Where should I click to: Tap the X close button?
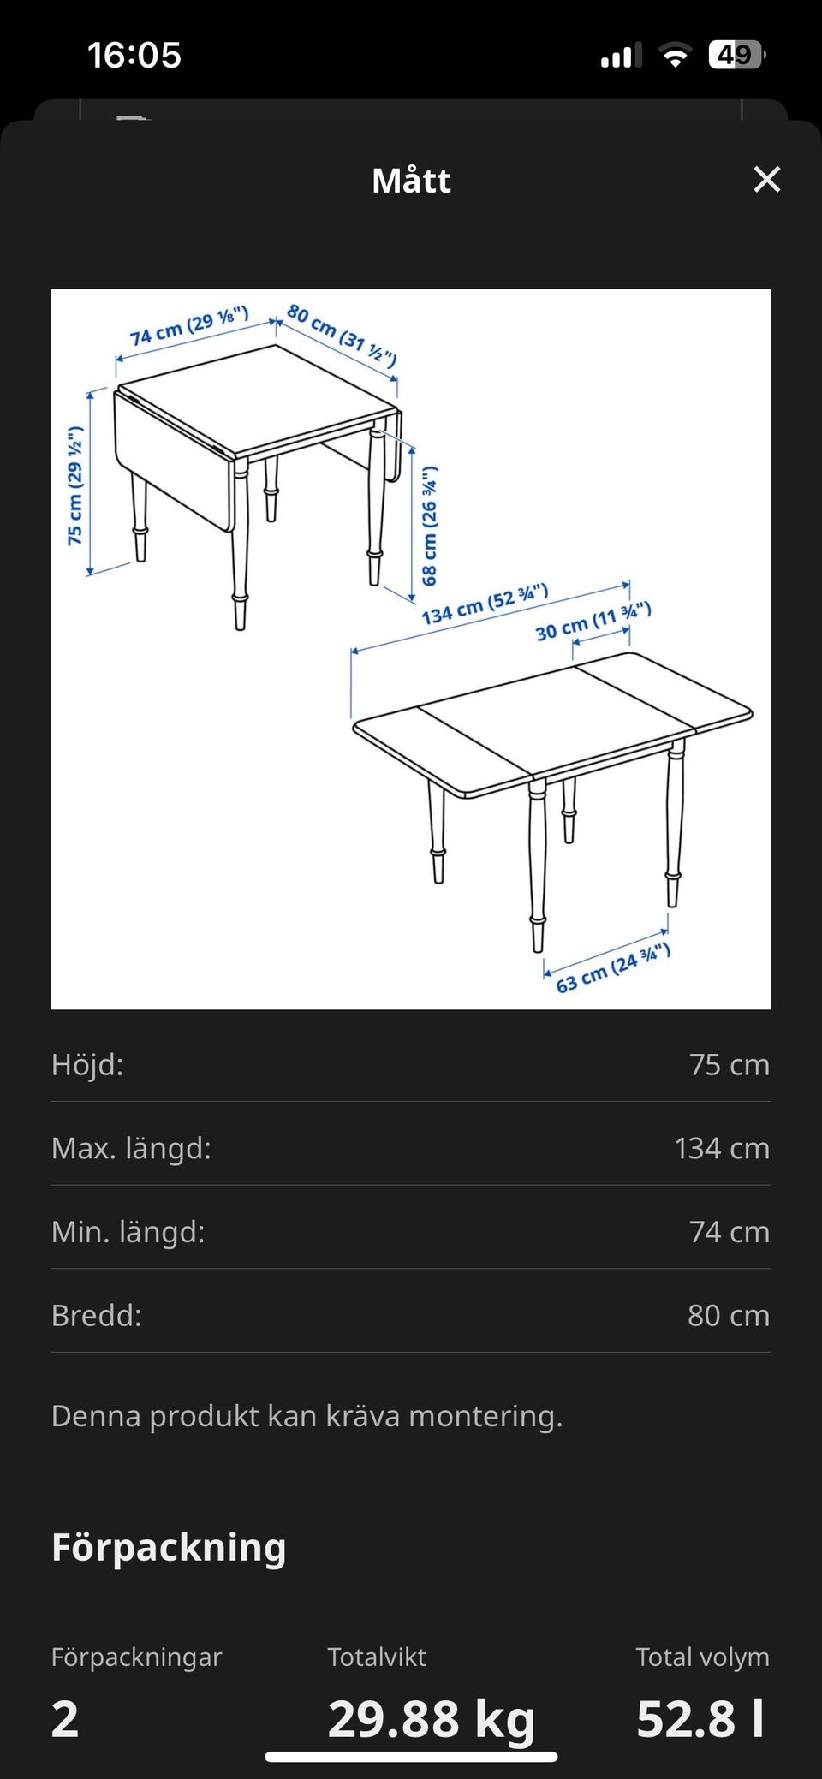[766, 180]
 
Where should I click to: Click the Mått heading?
[411, 181]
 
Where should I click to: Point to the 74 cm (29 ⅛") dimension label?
[189, 326]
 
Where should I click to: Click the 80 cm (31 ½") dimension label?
[342, 335]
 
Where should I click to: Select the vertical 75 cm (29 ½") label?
[75, 485]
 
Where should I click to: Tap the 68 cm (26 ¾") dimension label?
[429, 526]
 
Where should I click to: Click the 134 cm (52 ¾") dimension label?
[485, 604]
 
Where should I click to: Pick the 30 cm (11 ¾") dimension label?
[593, 622]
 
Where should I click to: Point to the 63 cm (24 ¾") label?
[613, 968]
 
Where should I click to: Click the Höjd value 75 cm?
[730, 1064]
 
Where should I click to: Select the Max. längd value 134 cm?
[722, 1148]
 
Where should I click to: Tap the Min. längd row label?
[128, 1232]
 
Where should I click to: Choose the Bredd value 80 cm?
[729, 1315]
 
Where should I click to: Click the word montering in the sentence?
[485, 1416]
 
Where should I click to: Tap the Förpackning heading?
[169, 1548]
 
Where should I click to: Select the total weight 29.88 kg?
[432, 1718]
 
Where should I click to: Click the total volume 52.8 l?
[700, 1718]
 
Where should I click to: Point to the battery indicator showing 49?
[737, 56]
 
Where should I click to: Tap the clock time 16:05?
[134, 56]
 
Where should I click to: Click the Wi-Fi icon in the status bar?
[676, 57]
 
